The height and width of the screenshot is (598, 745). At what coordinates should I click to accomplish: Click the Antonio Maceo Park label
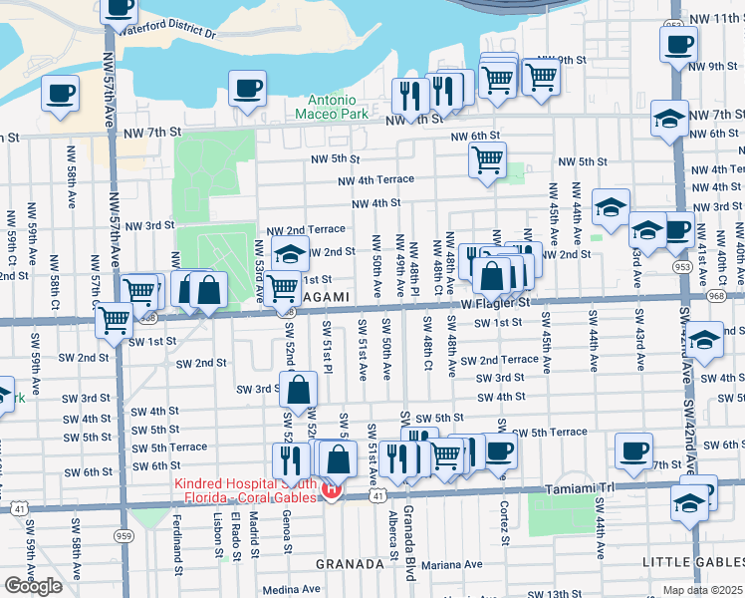tap(332, 107)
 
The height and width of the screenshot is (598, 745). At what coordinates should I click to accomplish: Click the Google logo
tap(33, 585)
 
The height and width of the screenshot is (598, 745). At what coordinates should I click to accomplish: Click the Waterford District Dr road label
tap(167, 31)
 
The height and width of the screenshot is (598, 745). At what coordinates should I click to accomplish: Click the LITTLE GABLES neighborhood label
tap(692, 563)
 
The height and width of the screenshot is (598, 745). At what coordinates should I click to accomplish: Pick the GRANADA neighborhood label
tap(350, 564)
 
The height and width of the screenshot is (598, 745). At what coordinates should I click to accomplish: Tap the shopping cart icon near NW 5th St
tap(487, 159)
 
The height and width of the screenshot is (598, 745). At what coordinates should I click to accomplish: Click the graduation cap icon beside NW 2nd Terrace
tap(290, 255)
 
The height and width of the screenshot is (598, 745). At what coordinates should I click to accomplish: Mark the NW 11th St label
tap(714, 19)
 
